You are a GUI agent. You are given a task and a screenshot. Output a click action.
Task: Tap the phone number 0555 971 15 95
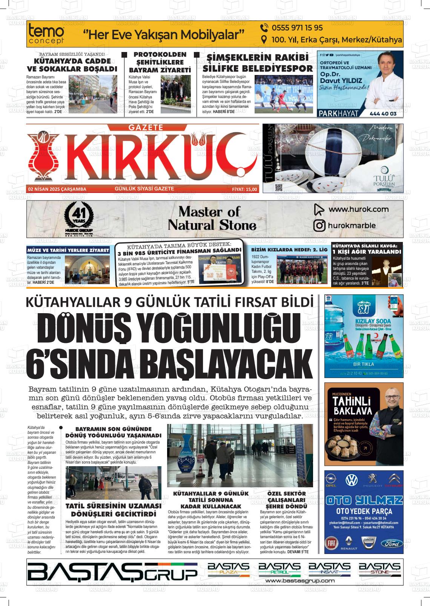tap(292, 28)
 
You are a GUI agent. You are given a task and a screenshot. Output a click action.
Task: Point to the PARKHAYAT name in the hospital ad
tap(338, 113)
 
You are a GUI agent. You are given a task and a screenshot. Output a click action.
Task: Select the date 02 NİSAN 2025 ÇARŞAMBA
tap(57, 189)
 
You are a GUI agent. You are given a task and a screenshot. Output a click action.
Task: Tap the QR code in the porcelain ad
tap(279, 187)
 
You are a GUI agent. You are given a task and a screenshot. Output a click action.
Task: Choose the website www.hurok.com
tap(353, 209)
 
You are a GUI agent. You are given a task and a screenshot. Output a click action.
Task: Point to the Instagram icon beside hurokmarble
tap(319, 226)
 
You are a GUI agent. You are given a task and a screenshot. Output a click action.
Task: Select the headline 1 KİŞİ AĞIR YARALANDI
tap(367, 252)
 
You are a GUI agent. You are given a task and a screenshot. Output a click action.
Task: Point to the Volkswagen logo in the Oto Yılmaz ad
tap(352, 480)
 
